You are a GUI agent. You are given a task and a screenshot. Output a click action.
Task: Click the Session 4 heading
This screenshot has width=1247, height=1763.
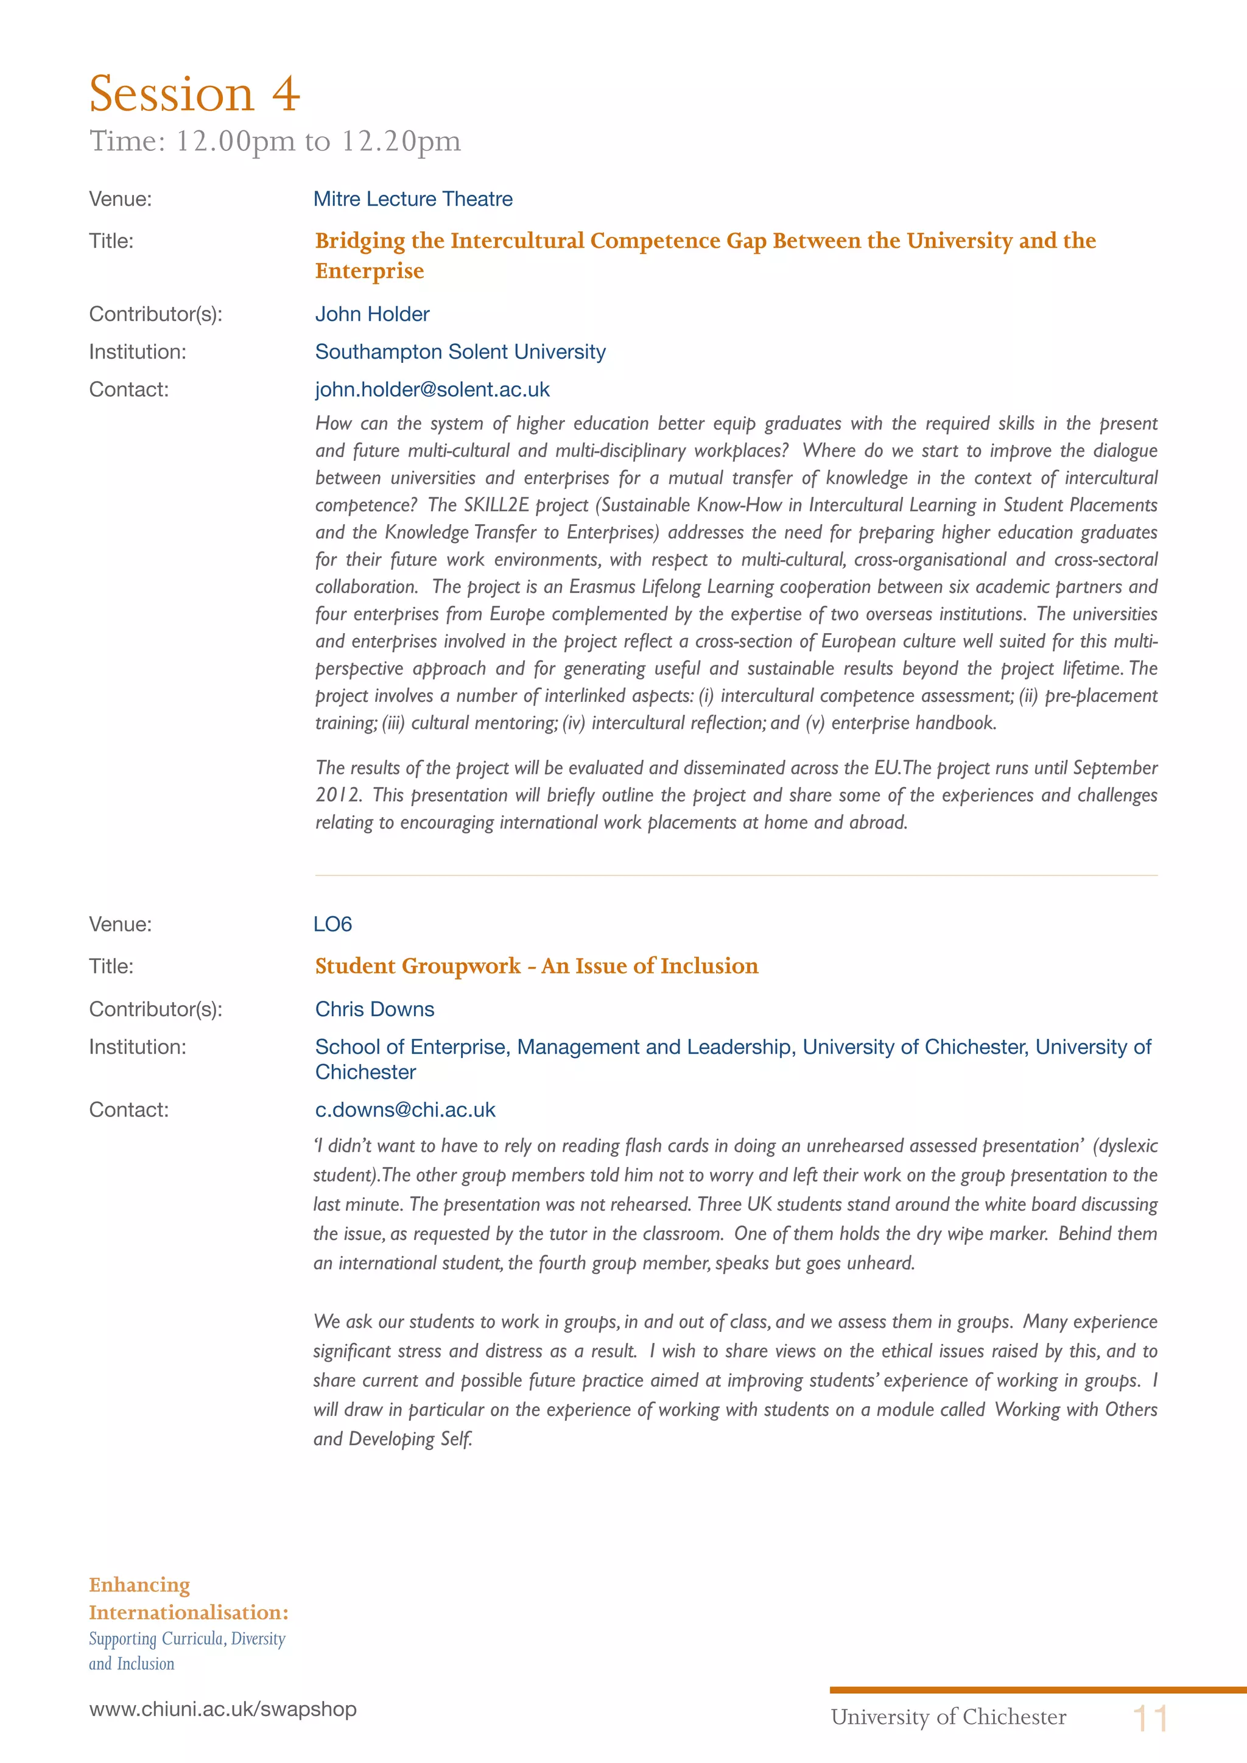coord(194,94)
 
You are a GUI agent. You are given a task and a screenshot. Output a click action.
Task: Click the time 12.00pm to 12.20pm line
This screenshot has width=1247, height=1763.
coord(275,141)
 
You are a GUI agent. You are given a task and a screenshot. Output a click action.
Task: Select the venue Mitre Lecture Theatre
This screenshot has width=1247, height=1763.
coord(413,199)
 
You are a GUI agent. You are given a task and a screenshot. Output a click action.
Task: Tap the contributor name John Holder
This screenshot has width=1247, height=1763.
coord(373,314)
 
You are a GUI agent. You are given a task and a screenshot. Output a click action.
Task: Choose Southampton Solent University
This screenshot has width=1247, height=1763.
coord(460,352)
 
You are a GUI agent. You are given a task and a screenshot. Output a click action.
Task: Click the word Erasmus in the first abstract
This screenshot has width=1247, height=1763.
coord(602,587)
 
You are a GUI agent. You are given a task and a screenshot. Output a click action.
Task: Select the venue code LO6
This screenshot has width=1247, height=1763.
coord(332,924)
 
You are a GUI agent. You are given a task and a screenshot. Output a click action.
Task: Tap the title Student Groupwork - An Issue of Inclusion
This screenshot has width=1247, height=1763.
coord(536,966)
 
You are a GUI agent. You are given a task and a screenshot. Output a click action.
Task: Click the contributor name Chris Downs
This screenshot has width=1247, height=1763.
coord(374,1009)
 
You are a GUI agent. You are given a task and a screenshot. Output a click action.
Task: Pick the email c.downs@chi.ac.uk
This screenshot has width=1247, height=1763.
coord(406,1110)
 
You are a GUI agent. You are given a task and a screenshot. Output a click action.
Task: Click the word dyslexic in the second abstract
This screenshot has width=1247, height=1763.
coord(1127,1146)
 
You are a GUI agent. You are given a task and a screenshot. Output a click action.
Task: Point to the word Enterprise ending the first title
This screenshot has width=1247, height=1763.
coord(370,271)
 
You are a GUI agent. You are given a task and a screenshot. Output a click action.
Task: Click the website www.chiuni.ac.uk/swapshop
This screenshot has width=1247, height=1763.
coord(223,1709)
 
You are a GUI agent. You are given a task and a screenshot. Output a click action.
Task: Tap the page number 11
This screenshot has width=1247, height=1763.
coord(1150,1719)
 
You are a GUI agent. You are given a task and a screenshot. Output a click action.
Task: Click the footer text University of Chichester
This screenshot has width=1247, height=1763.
coord(948,1717)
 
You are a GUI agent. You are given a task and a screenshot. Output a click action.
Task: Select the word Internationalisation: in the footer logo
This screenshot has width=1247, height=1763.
coord(188,1613)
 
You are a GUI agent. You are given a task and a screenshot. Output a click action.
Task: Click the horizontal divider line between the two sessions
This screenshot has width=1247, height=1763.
coord(736,875)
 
